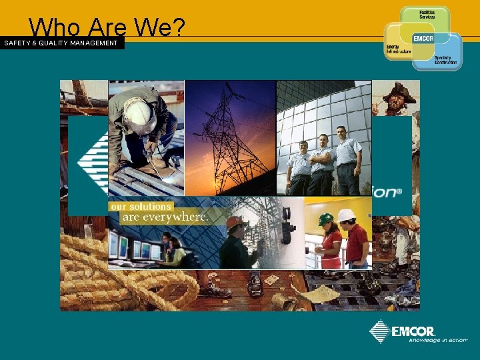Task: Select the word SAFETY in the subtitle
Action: point(18,43)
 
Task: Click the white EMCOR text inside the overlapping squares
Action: point(424,39)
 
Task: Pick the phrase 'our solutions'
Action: point(141,207)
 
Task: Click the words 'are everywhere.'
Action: point(165,217)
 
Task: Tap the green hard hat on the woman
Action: point(325,219)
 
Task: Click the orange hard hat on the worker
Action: point(233,221)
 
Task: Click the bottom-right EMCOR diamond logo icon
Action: point(380,331)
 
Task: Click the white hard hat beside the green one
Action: point(346,215)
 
